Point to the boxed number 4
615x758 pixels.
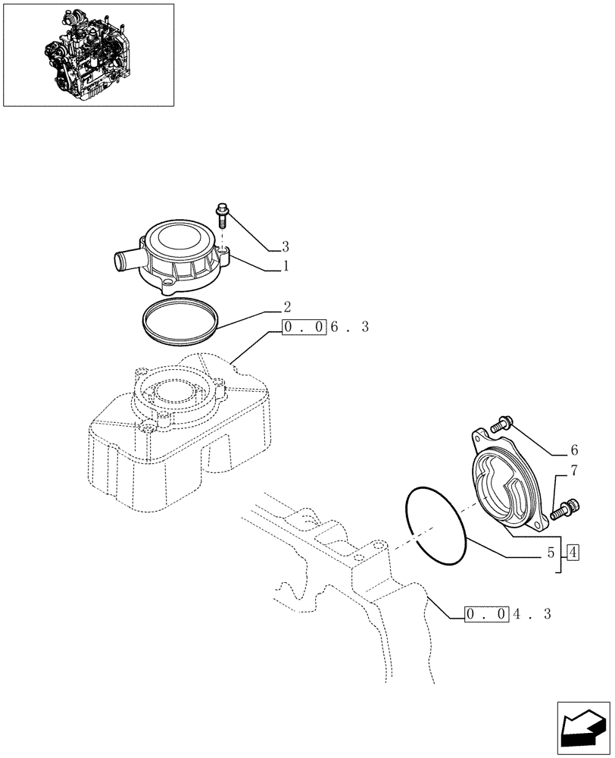[573, 552]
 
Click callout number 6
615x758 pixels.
[573, 449]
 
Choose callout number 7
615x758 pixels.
[573, 471]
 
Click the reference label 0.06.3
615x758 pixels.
[325, 327]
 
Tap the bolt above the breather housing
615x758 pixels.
[222, 215]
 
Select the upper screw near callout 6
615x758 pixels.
[501, 426]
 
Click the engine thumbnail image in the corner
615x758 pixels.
[89, 55]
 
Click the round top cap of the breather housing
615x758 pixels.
[181, 240]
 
